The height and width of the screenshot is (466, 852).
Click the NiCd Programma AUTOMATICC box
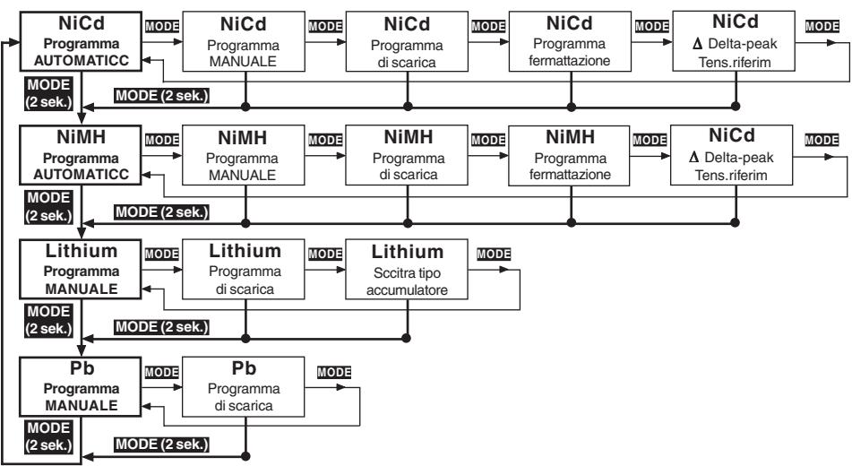81,41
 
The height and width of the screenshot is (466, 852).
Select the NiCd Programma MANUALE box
244,41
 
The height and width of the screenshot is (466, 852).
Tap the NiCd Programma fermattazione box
570,41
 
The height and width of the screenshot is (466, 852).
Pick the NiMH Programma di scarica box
407,156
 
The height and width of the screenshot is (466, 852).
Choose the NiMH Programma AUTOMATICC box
81,156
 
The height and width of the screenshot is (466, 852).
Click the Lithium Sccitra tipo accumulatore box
407,269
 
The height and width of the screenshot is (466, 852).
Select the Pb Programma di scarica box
244,386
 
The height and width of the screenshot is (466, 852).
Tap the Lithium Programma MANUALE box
81,269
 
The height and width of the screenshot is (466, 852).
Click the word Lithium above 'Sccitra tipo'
408,252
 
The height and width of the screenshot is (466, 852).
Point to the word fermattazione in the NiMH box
570,175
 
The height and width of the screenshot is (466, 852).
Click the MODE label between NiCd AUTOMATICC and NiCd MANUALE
162,26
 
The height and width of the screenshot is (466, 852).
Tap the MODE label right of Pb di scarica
334,373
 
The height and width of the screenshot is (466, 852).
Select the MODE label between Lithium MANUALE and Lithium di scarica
162,254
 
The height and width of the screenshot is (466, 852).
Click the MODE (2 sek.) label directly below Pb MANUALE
48,436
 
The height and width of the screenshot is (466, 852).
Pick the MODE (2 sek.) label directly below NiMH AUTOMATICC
48,207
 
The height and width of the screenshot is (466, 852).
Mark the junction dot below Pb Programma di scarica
245,455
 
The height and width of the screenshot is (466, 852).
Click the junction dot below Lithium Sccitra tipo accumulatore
406,338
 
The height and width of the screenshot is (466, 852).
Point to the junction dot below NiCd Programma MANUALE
245,107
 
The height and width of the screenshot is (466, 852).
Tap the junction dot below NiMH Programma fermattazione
571,222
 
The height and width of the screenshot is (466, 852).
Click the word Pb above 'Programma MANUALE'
82,368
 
